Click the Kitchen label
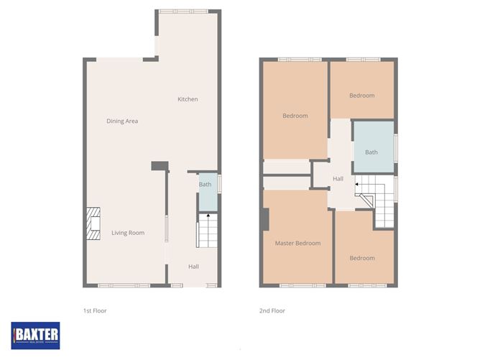188,99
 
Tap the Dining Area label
122,121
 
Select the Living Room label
128,232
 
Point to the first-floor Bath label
206,185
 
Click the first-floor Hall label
193,267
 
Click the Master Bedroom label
297,243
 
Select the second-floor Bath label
371,152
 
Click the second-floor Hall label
338,179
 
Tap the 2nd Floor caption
272,310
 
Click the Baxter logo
35,335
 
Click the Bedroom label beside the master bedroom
362,258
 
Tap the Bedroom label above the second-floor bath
362,96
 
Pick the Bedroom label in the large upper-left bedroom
295,116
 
